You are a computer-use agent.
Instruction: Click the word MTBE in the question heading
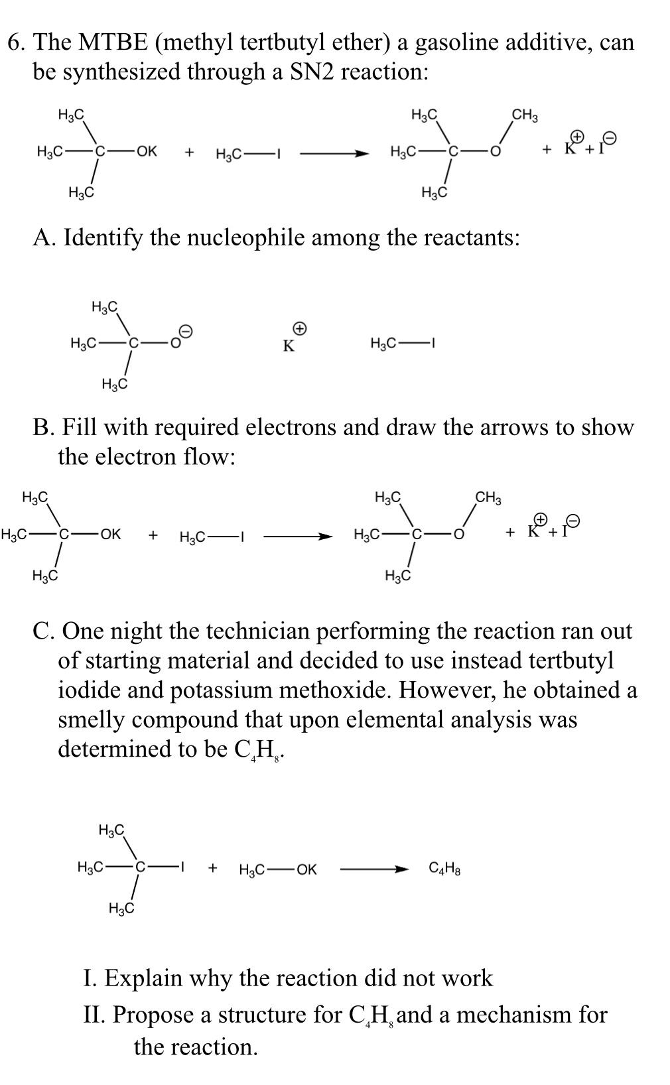pyautogui.click(x=111, y=42)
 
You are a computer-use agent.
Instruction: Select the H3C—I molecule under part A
pyautogui.click(x=401, y=343)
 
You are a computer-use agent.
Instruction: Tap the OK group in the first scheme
pyautogui.click(x=145, y=151)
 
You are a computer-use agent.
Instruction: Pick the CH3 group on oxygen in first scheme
pyautogui.click(x=524, y=115)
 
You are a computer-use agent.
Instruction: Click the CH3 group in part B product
pyautogui.click(x=488, y=498)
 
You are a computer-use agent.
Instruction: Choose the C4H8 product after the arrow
pyautogui.click(x=444, y=868)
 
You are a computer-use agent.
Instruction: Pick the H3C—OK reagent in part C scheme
pyautogui.click(x=277, y=869)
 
